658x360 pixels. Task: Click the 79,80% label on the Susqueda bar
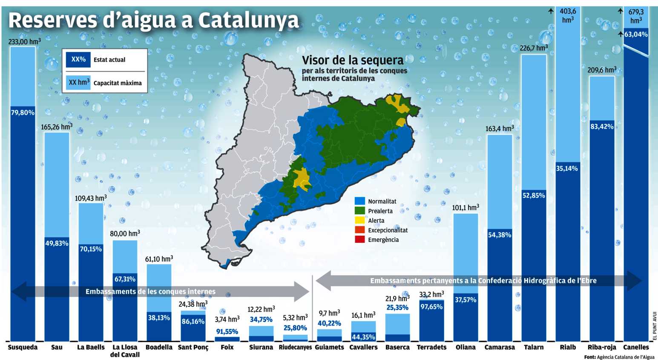pos(23,112)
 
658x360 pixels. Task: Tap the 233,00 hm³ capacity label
pos(25,41)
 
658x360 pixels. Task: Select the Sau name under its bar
pos(57,347)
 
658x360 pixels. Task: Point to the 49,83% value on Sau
pos(57,243)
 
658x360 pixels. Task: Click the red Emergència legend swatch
pos(360,239)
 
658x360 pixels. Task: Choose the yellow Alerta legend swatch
pos(360,220)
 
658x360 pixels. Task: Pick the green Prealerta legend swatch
pos(360,210)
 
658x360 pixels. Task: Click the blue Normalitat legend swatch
pos(360,201)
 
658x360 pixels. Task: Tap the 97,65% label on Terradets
pos(431,307)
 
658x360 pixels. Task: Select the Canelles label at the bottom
pos(636,347)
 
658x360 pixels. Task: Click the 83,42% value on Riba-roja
pos(602,127)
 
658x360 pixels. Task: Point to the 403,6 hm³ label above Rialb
pos(568,15)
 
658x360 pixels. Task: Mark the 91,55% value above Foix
pos(227,331)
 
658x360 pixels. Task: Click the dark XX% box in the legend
pos(78,60)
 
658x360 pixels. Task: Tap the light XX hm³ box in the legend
pos(79,82)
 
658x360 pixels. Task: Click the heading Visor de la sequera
pos(353,60)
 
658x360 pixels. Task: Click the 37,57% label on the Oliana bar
pos(465,300)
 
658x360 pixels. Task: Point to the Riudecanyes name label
pos(295,347)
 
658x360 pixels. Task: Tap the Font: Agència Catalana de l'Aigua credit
pos(619,357)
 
